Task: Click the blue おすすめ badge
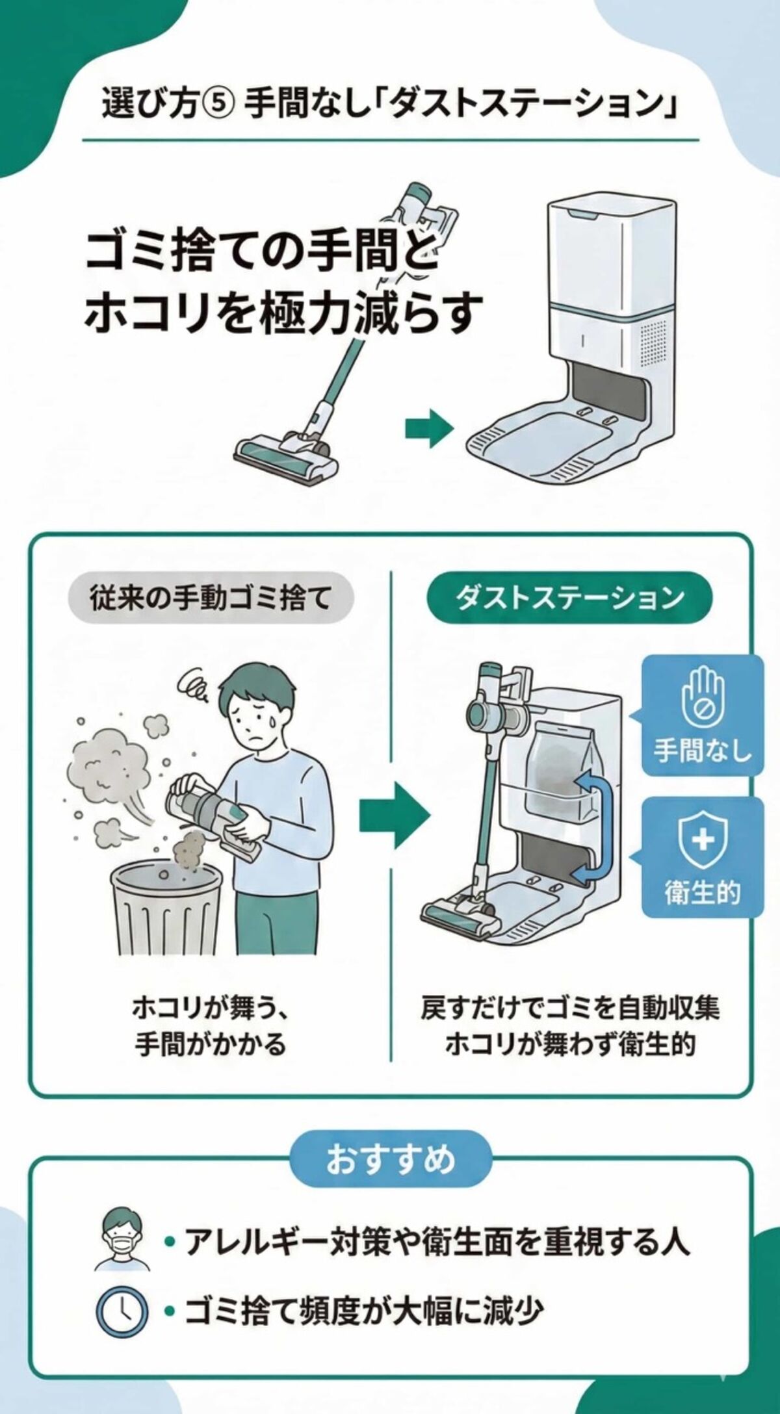pyautogui.click(x=390, y=1159)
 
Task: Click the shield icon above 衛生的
pyautogui.click(x=703, y=840)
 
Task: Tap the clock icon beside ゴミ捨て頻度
pyautogui.click(x=122, y=1311)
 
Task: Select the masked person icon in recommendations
pyautogui.click(x=122, y=1240)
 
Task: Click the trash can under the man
pyautogui.click(x=167, y=909)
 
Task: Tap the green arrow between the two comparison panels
pyautogui.click(x=393, y=814)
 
